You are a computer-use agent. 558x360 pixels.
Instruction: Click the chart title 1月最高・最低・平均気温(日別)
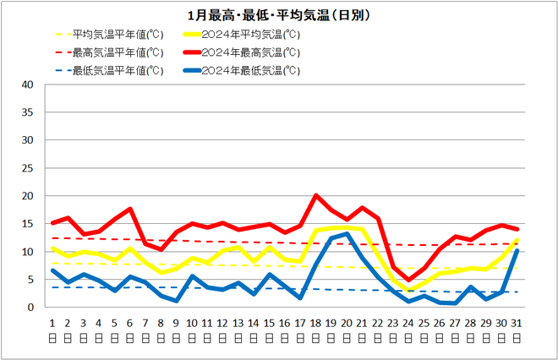(279, 15)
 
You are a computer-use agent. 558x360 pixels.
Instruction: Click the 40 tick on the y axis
(27, 85)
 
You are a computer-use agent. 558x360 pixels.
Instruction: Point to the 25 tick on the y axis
(27, 168)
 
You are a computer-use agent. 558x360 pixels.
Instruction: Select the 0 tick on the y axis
(30, 308)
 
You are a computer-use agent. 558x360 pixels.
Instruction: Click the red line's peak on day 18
(316, 195)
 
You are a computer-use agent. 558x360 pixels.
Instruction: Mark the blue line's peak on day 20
(347, 234)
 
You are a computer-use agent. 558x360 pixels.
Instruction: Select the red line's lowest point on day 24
(408, 280)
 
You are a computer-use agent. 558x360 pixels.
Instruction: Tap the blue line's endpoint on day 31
(517, 250)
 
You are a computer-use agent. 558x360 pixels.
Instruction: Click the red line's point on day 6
(129, 209)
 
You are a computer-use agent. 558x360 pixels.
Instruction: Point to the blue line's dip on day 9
(176, 301)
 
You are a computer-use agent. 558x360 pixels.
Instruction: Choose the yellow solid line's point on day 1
(52, 248)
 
